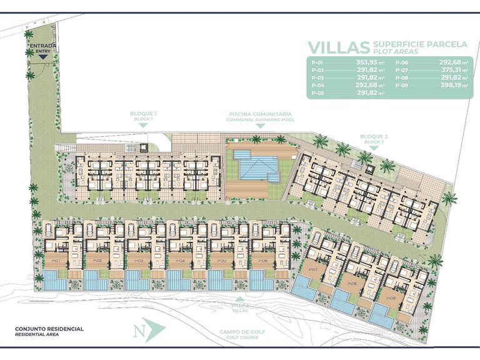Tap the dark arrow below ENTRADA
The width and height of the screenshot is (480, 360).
pos(42,57)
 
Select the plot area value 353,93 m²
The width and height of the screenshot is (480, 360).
pos(371,63)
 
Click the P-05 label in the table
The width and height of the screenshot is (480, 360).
pos(317,93)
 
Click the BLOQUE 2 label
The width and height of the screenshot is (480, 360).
pos(374,137)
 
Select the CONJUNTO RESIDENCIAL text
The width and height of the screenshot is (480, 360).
pos(48,329)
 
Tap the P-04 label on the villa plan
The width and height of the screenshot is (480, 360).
pos(180,261)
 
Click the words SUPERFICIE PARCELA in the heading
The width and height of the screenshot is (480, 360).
pos(419,44)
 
